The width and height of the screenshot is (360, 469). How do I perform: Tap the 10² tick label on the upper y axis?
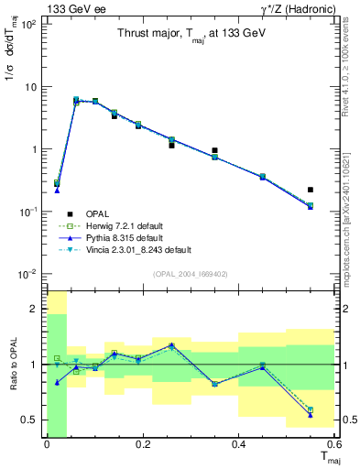[x=28, y=25]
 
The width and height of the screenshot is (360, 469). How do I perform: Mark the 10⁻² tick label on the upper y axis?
[x=28, y=274]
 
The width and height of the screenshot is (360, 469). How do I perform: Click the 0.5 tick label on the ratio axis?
[x=29, y=420]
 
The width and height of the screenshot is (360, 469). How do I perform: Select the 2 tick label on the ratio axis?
[x=34, y=310]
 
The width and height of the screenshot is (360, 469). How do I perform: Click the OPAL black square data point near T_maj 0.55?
[x=311, y=190]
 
